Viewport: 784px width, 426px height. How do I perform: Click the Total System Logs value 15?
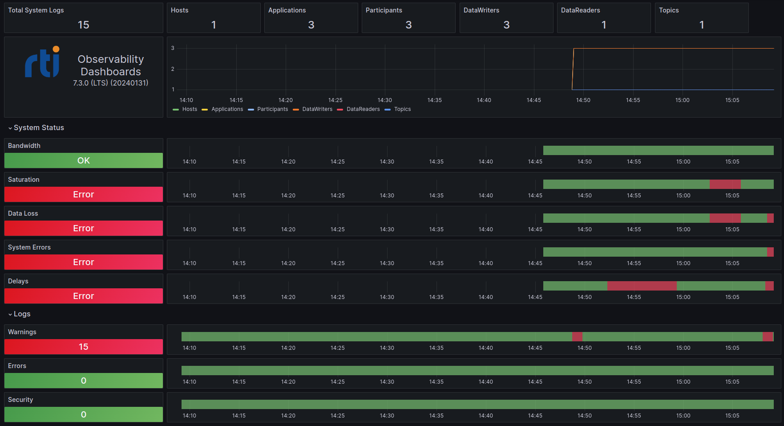(x=84, y=25)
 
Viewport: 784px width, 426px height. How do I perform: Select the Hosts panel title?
(x=179, y=10)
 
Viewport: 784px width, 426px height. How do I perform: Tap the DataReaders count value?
(x=604, y=25)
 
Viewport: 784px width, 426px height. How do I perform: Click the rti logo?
(x=43, y=62)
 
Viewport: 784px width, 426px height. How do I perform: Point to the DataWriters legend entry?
(x=317, y=109)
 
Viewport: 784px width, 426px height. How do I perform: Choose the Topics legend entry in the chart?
(x=402, y=109)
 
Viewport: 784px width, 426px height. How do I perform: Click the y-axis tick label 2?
(x=173, y=69)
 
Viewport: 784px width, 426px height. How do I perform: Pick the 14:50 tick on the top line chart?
(x=583, y=100)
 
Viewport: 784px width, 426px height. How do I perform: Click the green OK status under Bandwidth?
(x=84, y=160)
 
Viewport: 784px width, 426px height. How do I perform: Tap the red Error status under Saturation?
(x=84, y=194)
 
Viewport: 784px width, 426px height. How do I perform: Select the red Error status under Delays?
(x=84, y=296)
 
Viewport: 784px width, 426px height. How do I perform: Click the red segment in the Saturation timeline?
(x=725, y=184)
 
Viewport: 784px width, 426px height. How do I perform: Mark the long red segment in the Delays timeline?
(x=642, y=286)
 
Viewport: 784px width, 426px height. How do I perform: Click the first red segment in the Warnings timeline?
(x=577, y=336)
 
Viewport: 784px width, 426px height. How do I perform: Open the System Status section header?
(x=39, y=128)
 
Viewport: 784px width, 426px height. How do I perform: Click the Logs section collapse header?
(x=22, y=314)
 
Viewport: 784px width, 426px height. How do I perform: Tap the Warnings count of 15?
(x=84, y=347)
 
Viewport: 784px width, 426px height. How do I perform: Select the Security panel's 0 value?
(x=84, y=414)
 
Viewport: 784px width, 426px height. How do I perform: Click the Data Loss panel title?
(x=23, y=213)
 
